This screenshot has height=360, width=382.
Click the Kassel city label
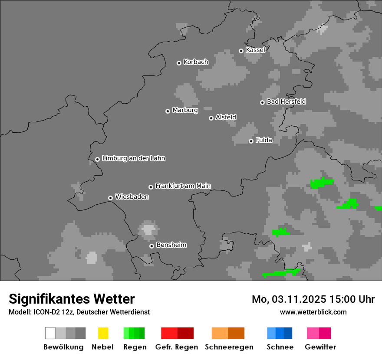click(255, 50)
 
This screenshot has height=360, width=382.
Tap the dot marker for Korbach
click(179, 63)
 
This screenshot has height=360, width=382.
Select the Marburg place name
click(185, 110)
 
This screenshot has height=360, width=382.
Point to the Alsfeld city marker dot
click(211, 118)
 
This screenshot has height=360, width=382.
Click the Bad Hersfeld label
click(286, 101)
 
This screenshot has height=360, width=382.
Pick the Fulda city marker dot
click(251, 141)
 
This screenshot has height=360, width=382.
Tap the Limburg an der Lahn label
click(133, 158)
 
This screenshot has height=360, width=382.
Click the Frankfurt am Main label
click(183, 186)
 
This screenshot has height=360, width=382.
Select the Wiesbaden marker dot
click(110, 198)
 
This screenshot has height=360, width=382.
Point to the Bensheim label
click(171, 245)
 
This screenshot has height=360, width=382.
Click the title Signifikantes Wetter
click(72, 299)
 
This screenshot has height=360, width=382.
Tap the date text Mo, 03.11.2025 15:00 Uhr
click(313, 299)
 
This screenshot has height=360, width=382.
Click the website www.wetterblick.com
click(313, 312)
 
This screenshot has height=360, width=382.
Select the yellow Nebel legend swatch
click(103, 333)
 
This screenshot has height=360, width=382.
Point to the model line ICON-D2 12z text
click(79, 312)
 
